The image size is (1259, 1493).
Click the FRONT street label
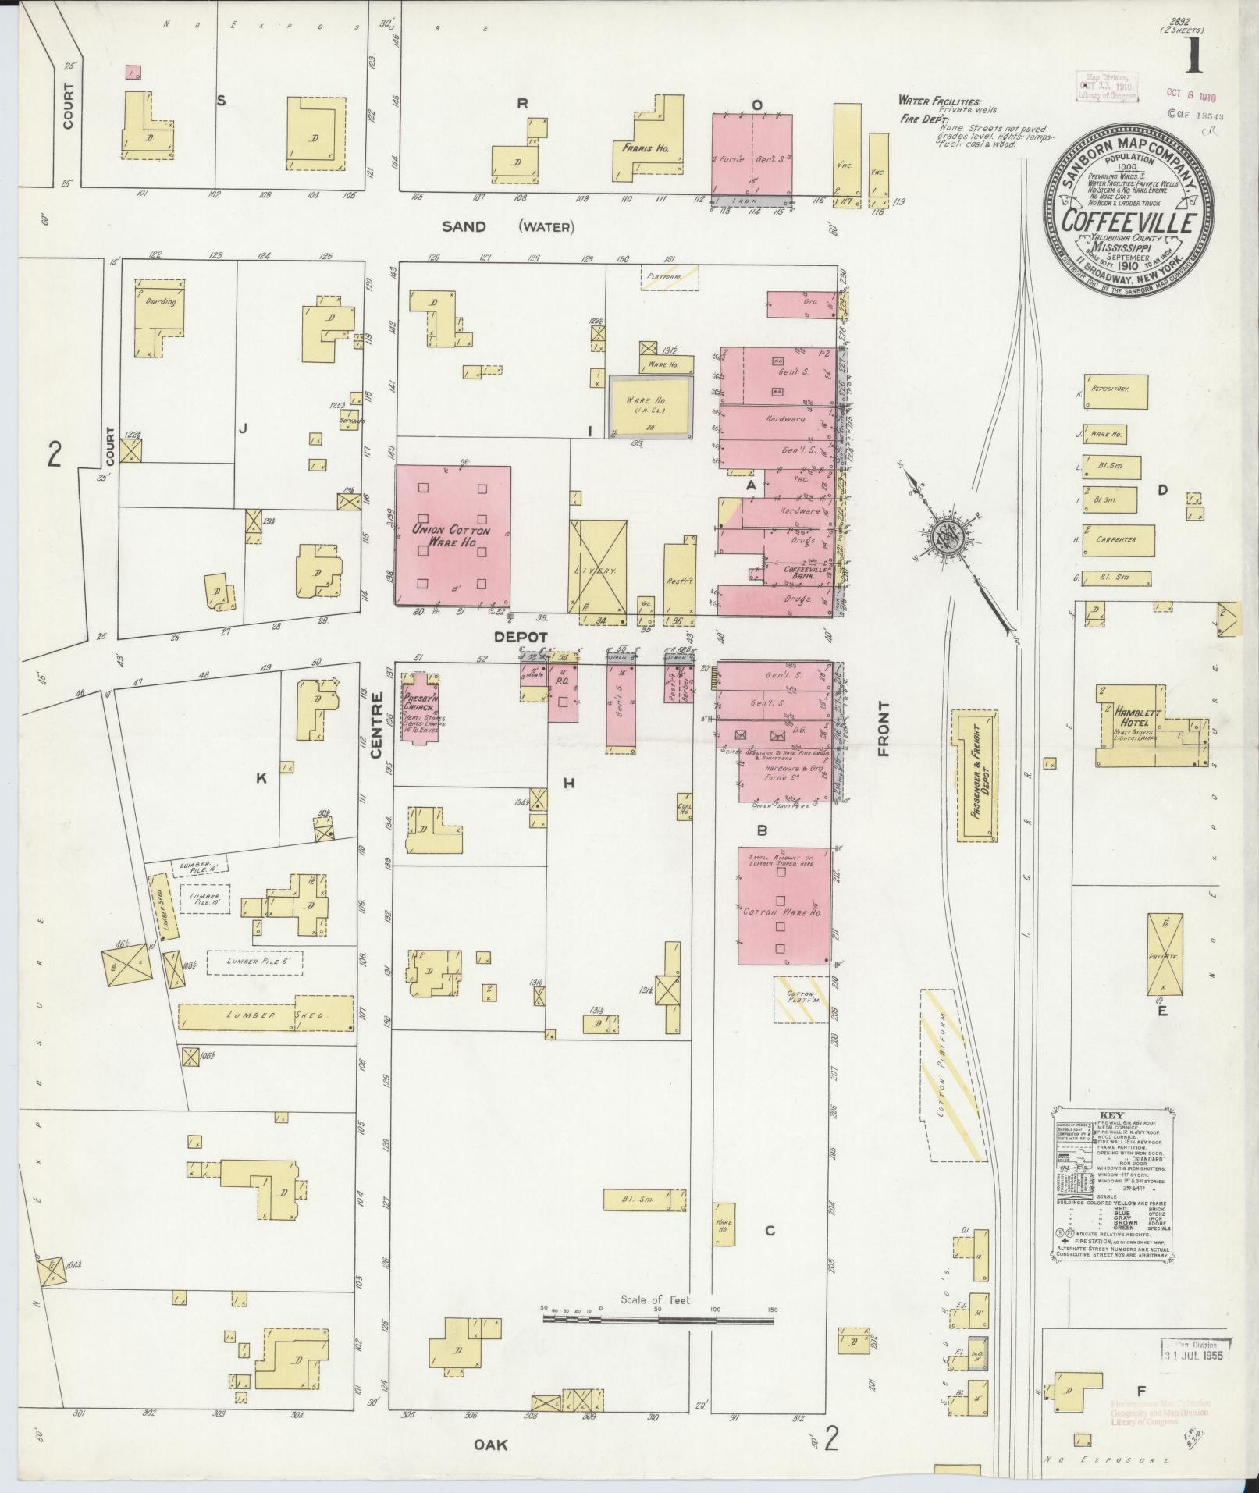click(x=883, y=728)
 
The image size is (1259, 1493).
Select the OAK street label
click(x=490, y=1445)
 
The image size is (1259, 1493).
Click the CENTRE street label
click(x=376, y=727)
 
